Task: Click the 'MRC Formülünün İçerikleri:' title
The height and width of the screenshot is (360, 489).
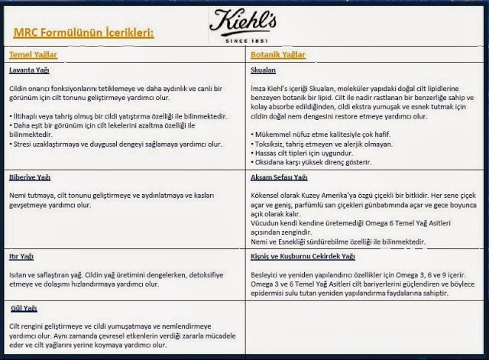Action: [83, 32]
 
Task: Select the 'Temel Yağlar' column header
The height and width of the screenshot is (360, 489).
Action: [33, 55]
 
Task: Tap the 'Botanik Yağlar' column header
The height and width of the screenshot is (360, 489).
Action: [278, 55]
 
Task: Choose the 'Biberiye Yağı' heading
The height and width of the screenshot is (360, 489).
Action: [30, 177]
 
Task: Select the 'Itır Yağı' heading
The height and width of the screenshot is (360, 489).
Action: [21, 256]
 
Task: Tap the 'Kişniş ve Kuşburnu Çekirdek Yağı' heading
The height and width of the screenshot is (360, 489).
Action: [303, 256]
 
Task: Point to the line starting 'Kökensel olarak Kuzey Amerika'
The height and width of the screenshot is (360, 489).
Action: [359, 196]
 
